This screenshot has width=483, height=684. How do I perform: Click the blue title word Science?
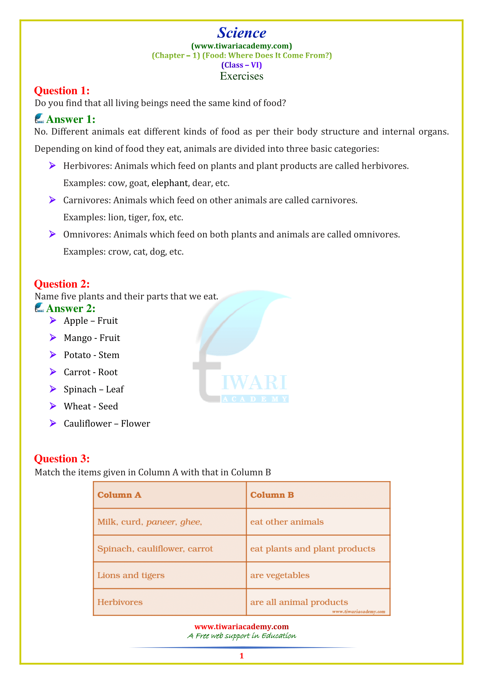[x=241, y=33]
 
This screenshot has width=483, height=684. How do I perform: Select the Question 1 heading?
[x=62, y=91]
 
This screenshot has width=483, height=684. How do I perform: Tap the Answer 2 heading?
[x=70, y=308]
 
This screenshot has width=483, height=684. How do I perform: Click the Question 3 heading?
[x=62, y=459]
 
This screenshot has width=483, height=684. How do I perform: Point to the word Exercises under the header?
[x=241, y=76]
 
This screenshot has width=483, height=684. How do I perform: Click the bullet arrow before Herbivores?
[x=52, y=166]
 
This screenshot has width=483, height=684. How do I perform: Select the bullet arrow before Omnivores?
[x=52, y=234]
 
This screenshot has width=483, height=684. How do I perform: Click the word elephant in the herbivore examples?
[x=170, y=183]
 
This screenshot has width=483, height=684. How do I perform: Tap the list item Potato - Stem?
[x=91, y=355]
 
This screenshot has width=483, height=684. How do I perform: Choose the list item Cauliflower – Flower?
[x=107, y=423]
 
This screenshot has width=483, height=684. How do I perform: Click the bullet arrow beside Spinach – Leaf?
[x=53, y=389]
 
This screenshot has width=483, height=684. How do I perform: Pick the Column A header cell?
[x=170, y=495]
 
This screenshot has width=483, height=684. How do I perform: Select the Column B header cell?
[x=318, y=495]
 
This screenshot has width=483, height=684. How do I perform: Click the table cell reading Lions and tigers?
[x=170, y=575]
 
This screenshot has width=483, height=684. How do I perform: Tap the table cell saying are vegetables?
[x=318, y=575]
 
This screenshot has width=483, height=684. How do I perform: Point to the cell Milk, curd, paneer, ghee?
[x=170, y=522]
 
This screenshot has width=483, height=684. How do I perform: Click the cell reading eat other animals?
[x=318, y=522]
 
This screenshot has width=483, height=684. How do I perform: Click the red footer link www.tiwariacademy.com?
[x=241, y=626]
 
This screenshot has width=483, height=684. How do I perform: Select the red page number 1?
[x=241, y=656]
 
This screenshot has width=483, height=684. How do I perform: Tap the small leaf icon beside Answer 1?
[x=39, y=118]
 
